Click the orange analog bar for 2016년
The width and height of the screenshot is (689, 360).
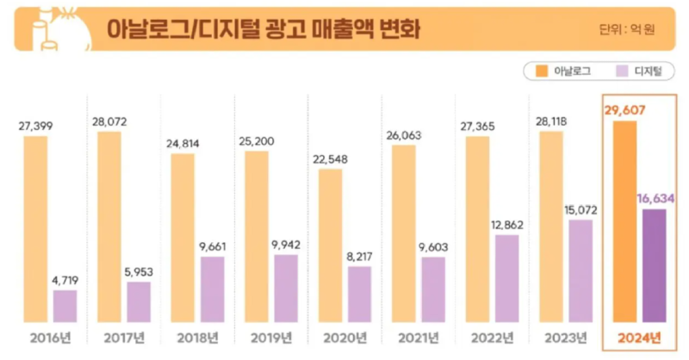(x=35, y=228)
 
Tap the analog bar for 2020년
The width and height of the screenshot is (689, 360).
(x=330, y=245)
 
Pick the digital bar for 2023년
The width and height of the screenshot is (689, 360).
(x=580, y=270)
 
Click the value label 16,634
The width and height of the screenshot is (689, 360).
(x=655, y=198)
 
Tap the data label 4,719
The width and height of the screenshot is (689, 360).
(x=65, y=280)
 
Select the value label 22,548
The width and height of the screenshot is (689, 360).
(x=331, y=158)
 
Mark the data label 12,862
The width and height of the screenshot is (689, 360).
(x=506, y=225)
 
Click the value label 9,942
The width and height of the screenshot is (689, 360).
(x=285, y=245)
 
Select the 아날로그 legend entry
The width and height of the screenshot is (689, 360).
(x=562, y=71)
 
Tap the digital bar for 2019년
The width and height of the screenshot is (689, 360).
(x=286, y=288)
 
